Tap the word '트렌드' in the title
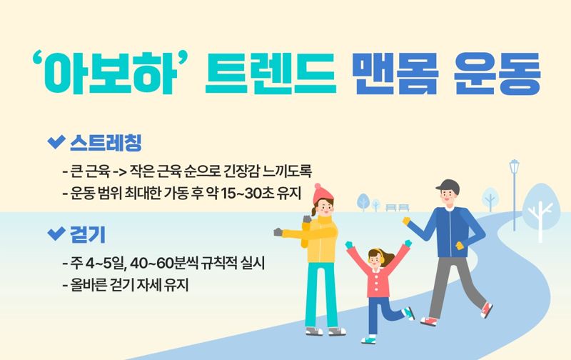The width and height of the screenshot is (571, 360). tap(269, 74)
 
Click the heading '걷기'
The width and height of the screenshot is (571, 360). tap(88, 234)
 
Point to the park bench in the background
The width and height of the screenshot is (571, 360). tap(397, 208)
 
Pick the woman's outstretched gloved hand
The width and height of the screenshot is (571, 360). tap(278, 233)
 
